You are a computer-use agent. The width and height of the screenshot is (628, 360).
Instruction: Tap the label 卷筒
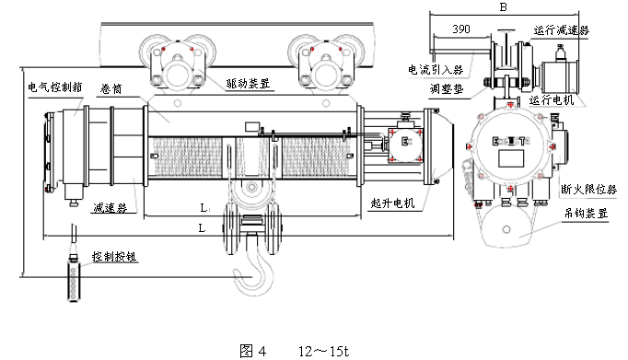112,89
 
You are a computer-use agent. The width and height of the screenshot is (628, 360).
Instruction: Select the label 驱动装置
248,83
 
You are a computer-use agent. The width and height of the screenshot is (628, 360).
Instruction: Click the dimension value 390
466,30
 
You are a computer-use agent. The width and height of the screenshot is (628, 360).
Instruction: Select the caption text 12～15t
322,351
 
